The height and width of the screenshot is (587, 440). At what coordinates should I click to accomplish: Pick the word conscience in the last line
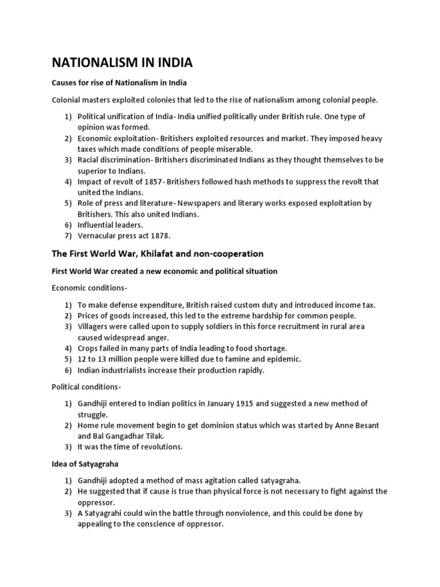[156, 524]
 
